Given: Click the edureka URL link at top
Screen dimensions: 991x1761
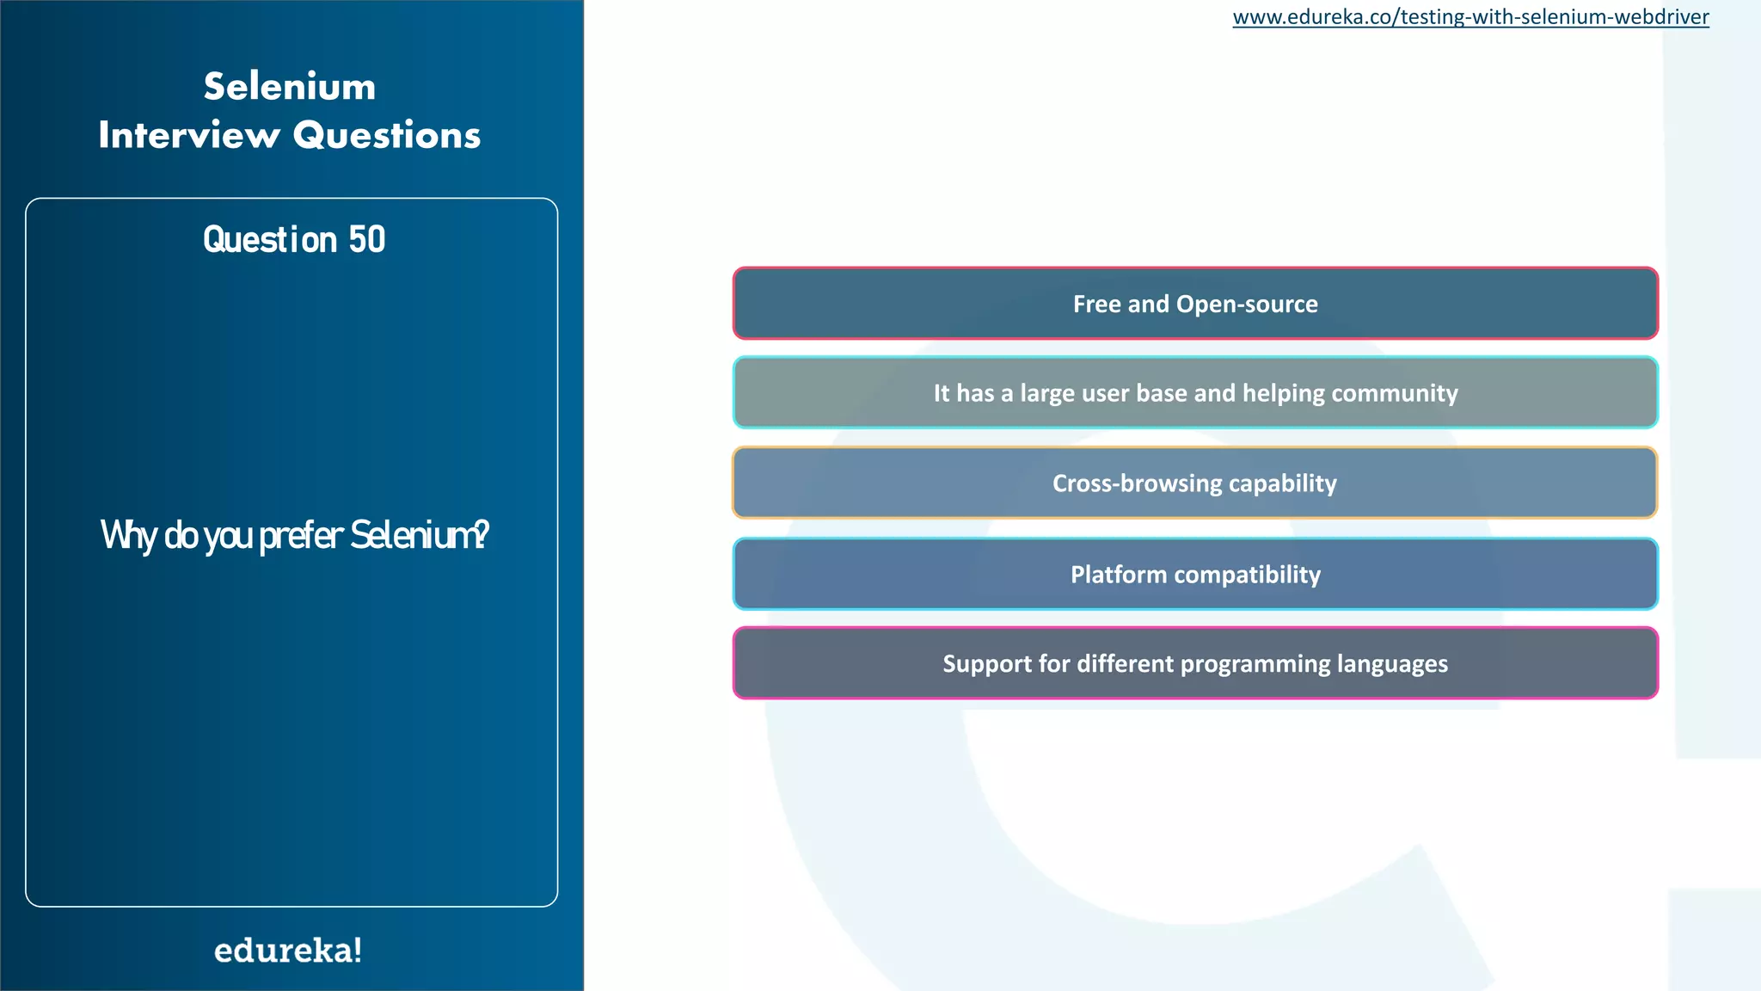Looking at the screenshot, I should pos(1470,17).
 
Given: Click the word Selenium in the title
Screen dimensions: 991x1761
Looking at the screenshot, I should pos(290,87).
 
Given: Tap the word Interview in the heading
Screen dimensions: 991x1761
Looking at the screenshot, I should pos(189,136).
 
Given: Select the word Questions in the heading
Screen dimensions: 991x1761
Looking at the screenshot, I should pos(387,136).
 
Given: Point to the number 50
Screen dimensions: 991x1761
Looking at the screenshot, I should pos(367,239).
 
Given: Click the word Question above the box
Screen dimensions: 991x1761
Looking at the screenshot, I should pos(270,239).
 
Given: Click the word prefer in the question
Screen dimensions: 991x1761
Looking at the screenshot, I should pos(301,535).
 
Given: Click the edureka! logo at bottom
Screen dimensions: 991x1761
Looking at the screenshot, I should pos(288,951).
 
